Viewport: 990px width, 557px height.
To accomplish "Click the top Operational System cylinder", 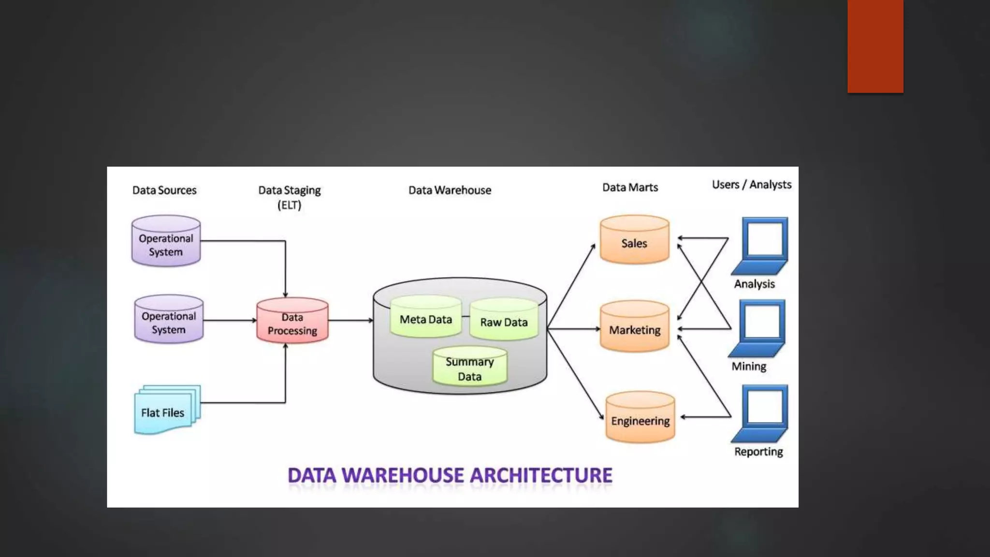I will tap(166, 241).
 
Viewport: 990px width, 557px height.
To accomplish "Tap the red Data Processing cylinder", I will tap(292, 321).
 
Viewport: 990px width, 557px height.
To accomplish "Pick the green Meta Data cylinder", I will tap(425, 317).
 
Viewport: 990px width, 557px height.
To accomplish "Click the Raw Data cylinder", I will tap(504, 320).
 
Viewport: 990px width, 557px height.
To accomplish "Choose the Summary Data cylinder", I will tap(469, 366).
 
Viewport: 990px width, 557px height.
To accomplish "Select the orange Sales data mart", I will tap(634, 240).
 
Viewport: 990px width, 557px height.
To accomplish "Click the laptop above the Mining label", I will tap(759, 328).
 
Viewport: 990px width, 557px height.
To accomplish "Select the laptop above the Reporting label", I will tap(761, 413).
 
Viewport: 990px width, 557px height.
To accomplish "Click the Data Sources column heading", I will tap(164, 190).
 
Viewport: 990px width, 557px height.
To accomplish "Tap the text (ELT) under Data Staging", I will tap(289, 205).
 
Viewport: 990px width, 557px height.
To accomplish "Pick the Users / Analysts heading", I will tap(751, 185).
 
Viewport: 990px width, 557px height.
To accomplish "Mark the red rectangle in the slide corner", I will tap(875, 46).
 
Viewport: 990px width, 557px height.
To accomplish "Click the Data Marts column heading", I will tap(630, 188).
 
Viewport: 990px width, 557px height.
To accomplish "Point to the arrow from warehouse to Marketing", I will tap(573, 329).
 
